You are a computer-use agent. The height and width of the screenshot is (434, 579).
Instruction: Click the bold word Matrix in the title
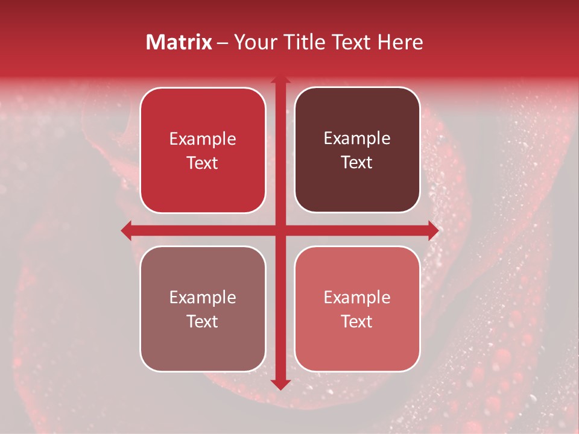point(179,42)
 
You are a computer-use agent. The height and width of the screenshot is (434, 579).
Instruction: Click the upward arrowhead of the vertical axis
point(280,79)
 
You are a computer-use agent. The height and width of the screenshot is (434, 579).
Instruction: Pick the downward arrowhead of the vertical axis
point(280,384)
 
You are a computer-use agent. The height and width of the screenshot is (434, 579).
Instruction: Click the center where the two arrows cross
point(280,230)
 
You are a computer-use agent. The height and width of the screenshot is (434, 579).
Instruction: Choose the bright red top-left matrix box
point(203,150)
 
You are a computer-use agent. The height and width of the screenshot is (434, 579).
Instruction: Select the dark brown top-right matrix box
point(357,150)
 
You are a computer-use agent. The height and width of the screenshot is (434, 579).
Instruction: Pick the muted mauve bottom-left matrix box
point(203,309)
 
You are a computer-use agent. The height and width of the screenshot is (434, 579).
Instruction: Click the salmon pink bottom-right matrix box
point(357,309)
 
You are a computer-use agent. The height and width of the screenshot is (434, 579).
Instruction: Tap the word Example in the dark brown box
point(357,139)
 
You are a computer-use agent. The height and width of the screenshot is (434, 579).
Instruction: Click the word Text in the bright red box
point(203,163)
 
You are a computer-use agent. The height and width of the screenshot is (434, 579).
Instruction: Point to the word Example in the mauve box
point(203,297)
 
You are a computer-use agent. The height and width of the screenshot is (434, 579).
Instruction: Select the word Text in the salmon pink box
point(357,321)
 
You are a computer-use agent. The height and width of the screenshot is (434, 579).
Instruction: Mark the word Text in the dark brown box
point(357,163)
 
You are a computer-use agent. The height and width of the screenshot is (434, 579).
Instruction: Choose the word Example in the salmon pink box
point(357,297)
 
